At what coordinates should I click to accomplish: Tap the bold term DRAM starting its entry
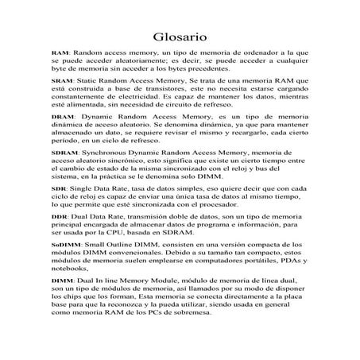point(62,116)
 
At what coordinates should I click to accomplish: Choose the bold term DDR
point(59,216)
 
